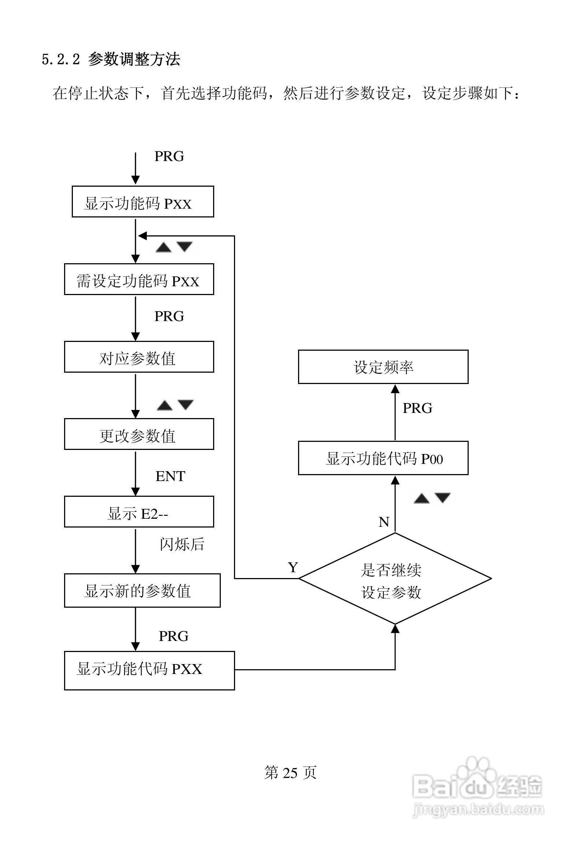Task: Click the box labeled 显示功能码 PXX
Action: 143,202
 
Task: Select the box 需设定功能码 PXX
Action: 139,279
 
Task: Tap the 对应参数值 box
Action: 139,357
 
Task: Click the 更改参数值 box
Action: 139,434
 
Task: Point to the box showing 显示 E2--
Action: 139,512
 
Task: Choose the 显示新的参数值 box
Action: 142,590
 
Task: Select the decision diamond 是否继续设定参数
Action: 395,578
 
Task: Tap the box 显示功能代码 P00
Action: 383,458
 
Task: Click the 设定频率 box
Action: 383,367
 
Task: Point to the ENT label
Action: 170,476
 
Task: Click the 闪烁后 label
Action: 182,544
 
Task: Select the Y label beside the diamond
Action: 293,567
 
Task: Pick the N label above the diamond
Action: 384,522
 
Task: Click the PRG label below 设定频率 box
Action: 417,408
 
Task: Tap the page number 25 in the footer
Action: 290,772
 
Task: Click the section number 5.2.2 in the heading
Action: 60,59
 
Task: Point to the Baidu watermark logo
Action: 478,785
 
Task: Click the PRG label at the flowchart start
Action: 169,156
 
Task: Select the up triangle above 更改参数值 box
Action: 165,406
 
